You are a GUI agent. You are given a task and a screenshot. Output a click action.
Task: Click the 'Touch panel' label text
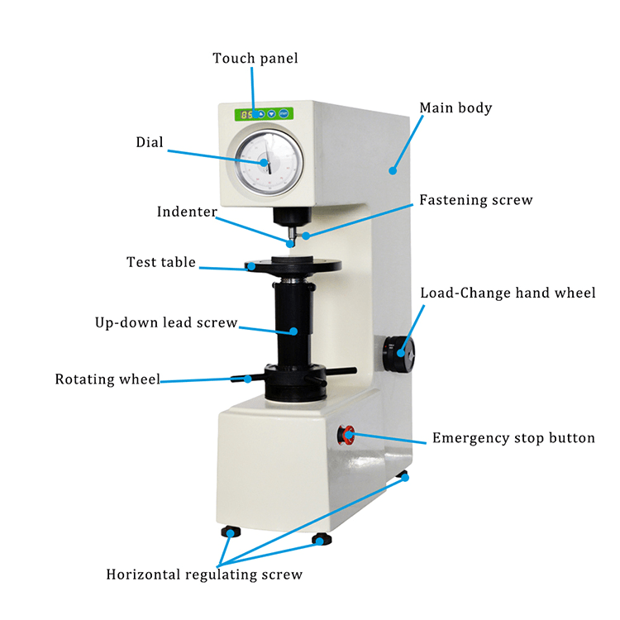click(x=255, y=59)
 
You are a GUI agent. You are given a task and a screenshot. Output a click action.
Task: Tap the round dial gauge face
click(x=264, y=162)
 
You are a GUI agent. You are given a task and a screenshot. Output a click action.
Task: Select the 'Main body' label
click(x=455, y=108)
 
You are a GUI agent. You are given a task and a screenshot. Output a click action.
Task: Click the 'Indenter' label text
click(x=187, y=212)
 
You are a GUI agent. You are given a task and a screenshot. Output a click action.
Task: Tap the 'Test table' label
click(x=161, y=263)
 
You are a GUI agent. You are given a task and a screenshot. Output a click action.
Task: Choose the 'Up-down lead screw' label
click(x=166, y=322)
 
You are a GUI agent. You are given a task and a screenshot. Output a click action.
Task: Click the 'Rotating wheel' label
click(x=107, y=379)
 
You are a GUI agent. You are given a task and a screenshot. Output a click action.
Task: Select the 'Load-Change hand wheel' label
click(x=508, y=293)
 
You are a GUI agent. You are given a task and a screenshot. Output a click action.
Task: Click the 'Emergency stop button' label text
click(x=513, y=438)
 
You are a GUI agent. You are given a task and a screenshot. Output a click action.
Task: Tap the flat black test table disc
click(x=293, y=266)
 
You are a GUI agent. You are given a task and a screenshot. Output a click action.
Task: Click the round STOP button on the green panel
click(x=283, y=115)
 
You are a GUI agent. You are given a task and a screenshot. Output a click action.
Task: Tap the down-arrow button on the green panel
click(x=271, y=115)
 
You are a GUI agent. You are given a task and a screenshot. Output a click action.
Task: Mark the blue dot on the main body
click(x=393, y=171)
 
